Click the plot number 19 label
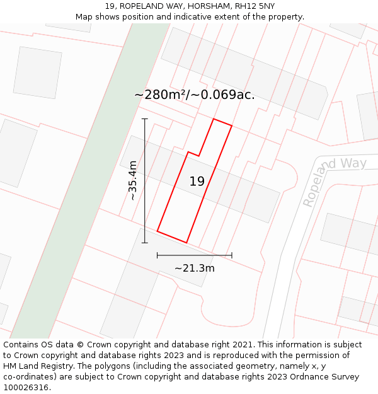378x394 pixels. pos(197,182)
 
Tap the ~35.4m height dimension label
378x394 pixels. pos(132,180)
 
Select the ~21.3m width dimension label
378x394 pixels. pos(194,268)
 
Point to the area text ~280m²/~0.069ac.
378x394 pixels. pos(195,95)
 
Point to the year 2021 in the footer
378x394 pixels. pos(243,345)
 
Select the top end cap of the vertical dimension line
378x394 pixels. pos(145,119)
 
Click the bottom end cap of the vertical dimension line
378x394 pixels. pos(145,243)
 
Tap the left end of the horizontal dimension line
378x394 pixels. pos(157,255)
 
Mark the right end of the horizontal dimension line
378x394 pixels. pos(232,255)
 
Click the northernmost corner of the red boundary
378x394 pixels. pos(214,119)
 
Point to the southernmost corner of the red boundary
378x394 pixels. pos(186,242)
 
